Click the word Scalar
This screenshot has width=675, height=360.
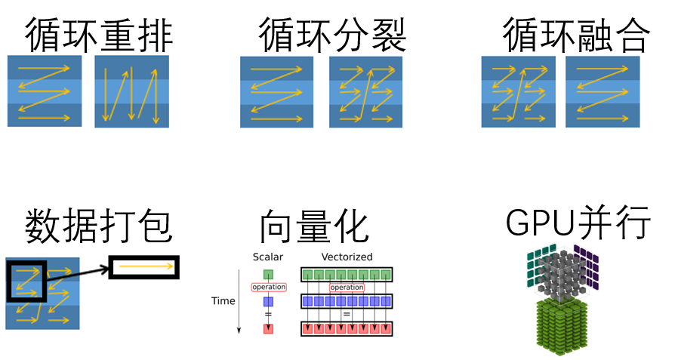(268, 257)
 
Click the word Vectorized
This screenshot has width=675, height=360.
(347, 257)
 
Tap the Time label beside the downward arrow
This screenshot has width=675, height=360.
(223, 301)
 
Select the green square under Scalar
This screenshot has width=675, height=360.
(268, 275)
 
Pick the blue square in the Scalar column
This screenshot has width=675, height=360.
(268, 301)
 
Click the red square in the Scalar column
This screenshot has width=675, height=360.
(268, 328)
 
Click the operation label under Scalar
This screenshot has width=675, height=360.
(269, 287)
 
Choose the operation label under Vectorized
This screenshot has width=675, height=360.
(347, 288)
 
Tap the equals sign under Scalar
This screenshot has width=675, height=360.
(268, 314)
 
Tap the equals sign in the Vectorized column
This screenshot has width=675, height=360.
(347, 314)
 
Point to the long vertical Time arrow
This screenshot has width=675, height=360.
(239, 302)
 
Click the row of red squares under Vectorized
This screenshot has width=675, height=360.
(347, 328)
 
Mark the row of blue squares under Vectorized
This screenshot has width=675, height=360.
(347, 301)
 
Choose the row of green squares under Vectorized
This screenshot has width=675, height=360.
(347, 275)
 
